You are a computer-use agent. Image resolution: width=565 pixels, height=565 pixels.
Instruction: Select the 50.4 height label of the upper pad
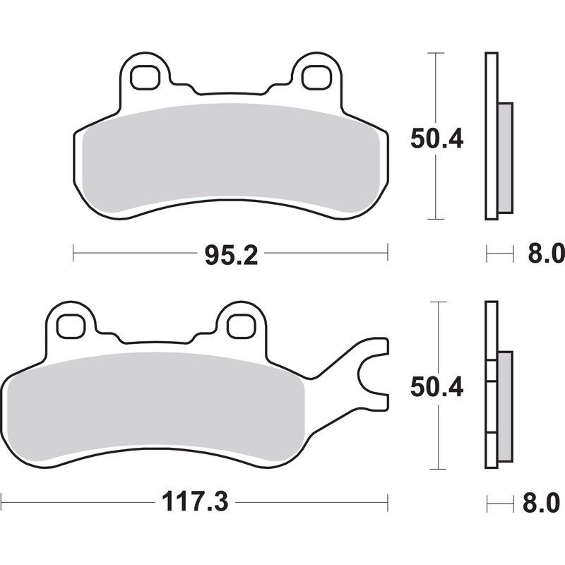436,138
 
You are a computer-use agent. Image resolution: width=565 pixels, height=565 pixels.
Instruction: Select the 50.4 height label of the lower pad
436,387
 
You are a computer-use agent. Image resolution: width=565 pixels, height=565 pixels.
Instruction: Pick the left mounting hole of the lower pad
71,326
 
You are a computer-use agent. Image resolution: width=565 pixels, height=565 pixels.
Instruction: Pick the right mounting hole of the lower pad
239,326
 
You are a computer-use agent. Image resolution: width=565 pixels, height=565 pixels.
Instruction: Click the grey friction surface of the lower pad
155,410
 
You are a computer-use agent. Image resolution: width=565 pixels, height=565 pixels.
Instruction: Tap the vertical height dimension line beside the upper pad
436,191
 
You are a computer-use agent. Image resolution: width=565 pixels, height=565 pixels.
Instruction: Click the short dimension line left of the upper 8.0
498,253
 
